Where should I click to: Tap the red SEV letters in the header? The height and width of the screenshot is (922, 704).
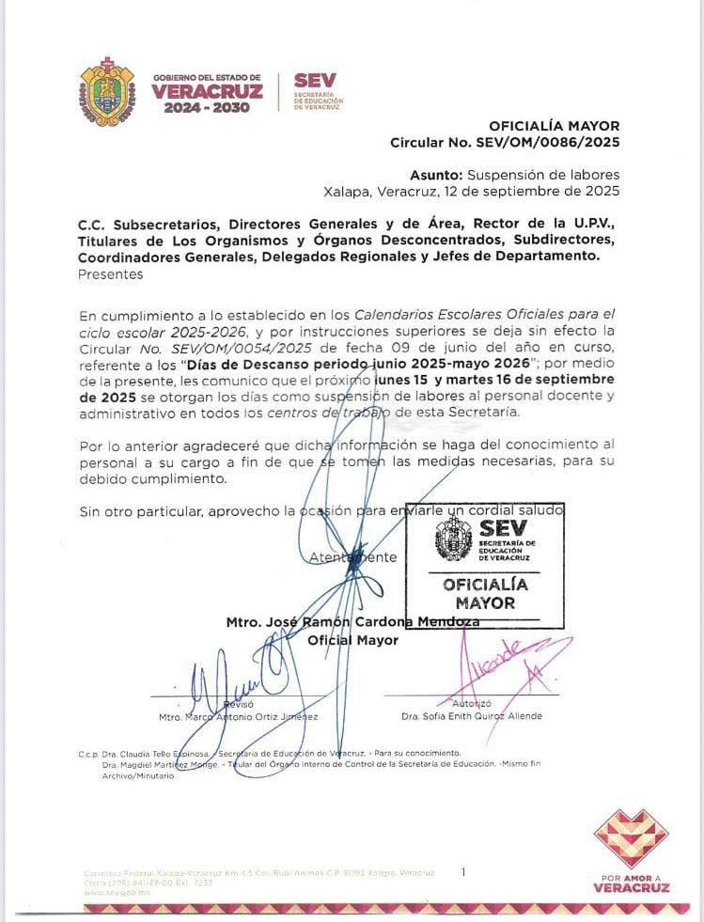click(x=314, y=81)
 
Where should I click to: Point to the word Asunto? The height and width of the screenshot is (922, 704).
click(x=436, y=175)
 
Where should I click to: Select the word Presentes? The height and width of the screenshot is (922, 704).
click(x=111, y=274)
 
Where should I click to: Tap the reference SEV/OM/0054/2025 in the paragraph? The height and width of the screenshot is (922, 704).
click(x=185, y=348)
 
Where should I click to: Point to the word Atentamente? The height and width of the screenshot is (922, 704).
click(x=353, y=557)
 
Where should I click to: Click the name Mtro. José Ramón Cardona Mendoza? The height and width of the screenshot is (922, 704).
click(x=352, y=622)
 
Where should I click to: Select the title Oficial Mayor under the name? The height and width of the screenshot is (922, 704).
click(x=353, y=640)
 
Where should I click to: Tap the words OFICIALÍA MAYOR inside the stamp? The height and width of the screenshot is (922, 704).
click(x=485, y=593)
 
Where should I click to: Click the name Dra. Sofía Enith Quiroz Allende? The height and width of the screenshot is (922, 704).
click(x=471, y=716)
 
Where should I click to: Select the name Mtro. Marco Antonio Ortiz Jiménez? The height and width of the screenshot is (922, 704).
click(x=238, y=716)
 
